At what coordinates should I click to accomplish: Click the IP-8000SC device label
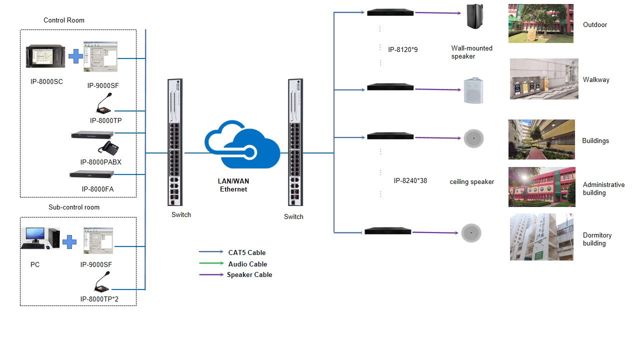click(x=46, y=81)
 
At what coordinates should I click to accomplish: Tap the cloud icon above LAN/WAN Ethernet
click(x=242, y=145)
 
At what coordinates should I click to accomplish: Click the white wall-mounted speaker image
click(x=473, y=90)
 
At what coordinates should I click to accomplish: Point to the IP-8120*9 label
click(x=402, y=49)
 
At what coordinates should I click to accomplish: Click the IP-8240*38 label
click(x=410, y=180)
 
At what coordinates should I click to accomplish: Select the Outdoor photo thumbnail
click(x=540, y=23)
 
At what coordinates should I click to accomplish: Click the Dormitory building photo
click(x=541, y=237)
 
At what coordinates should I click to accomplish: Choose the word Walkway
click(x=595, y=79)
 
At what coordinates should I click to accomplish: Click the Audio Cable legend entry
click(x=247, y=264)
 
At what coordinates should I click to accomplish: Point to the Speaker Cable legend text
click(x=249, y=274)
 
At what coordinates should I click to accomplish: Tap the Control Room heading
click(x=64, y=20)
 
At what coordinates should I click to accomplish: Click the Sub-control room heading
click(x=74, y=207)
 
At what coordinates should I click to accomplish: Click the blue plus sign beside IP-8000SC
click(x=75, y=56)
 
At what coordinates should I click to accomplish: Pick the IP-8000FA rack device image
click(x=92, y=174)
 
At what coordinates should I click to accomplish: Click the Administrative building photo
click(x=541, y=187)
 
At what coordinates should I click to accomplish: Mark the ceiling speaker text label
click(x=471, y=182)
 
